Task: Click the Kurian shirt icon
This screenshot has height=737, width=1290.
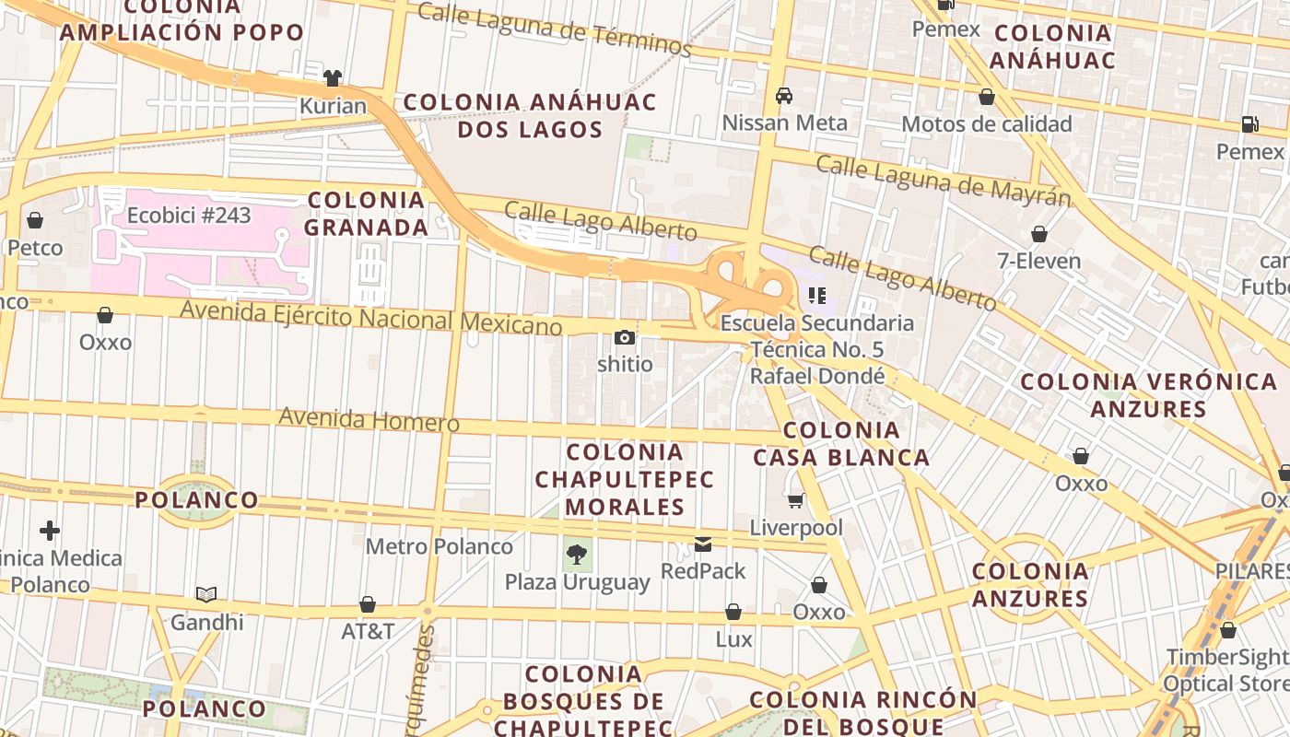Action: (x=333, y=78)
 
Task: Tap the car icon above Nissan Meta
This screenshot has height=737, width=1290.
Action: (x=784, y=95)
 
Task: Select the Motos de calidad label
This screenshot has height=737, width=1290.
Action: (x=986, y=123)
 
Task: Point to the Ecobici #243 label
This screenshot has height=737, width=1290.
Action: (x=189, y=215)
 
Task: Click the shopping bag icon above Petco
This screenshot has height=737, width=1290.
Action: (x=35, y=220)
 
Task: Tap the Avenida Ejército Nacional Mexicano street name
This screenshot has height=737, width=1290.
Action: (x=370, y=318)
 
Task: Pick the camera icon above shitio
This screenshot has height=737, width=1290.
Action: (x=625, y=337)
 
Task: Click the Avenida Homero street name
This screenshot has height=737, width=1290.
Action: (x=369, y=419)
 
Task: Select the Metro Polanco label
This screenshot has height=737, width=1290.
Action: (x=439, y=546)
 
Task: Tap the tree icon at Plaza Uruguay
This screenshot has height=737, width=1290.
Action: (x=577, y=555)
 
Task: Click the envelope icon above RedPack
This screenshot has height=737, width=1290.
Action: (x=703, y=544)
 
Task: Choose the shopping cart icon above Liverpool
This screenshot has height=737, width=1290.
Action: (x=795, y=500)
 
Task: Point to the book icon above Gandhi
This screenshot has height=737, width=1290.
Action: (x=206, y=595)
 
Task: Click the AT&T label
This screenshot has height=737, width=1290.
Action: (x=368, y=631)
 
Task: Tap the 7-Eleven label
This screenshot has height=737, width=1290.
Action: (x=1038, y=261)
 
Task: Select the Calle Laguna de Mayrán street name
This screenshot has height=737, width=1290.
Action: (x=944, y=181)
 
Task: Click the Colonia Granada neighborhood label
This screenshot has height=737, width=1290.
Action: (x=367, y=213)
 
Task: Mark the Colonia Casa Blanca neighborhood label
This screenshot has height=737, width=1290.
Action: (x=840, y=443)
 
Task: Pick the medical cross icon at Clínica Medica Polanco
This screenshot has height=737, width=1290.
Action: (x=50, y=531)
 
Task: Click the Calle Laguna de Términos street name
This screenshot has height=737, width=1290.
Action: (x=554, y=29)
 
